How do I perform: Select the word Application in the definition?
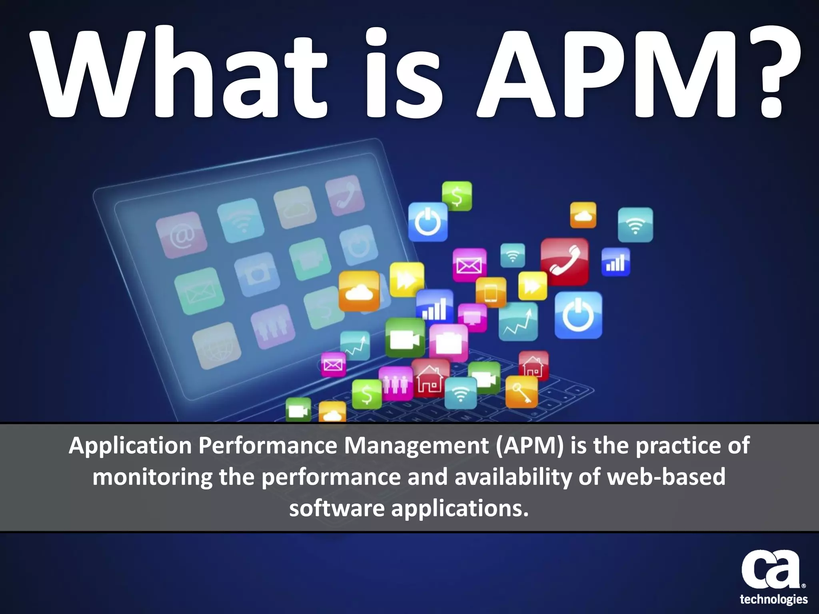130,446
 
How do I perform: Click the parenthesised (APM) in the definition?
529,446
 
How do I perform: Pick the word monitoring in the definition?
152,477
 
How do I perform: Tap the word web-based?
666,476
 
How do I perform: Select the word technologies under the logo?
773,599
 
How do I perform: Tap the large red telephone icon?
564,261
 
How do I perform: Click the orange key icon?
521,392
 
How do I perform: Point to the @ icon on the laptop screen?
182,235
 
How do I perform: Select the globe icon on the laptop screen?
216,346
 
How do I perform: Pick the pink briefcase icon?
448,342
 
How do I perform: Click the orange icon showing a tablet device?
491,292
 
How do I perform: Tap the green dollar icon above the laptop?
457,196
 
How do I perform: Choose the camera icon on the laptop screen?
255,275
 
